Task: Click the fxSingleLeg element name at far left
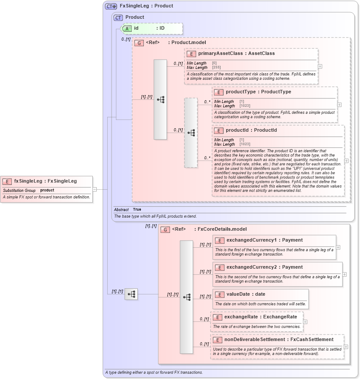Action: click(x=29, y=181)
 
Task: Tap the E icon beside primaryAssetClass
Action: click(x=191, y=54)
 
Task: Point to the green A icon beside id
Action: click(x=126, y=28)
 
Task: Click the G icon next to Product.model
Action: click(x=139, y=43)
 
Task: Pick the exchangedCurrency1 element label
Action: click(x=251, y=240)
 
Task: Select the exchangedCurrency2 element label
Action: click(x=251, y=267)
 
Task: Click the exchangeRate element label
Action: click(x=241, y=317)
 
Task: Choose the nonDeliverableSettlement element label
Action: click(x=255, y=339)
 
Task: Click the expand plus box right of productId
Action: click(x=346, y=160)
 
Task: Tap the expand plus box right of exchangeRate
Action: click(x=305, y=322)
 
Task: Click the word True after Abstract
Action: click(x=137, y=210)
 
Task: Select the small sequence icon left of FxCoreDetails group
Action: click(x=131, y=294)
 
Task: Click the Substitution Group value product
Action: click(x=47, y=191)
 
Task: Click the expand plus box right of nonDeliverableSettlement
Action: click(x=346, y=347)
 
